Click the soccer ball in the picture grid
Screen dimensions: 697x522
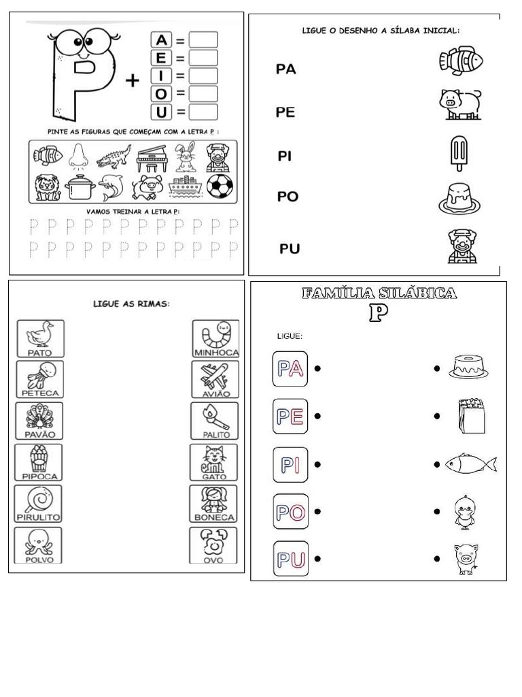pyautogui.click(x=219, y=186)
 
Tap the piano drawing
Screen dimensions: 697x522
pyautogui.click(x=150, y=158)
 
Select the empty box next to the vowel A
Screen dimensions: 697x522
pyautogui.click(x=203, y=40)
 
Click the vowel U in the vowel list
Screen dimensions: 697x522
pyautogui.click(x=161, y=111)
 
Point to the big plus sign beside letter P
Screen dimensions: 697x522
pyautogui.click(x=133, y=81)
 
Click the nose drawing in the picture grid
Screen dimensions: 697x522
pyautogui.click(x=76, y=157)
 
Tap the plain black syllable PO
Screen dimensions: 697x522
pyautogui.click(x=288, y=197)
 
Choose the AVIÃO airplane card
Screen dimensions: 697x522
pyautogui.click(x=215, y=380)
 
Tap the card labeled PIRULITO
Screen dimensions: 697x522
pyautogui.click(x=39, y=504)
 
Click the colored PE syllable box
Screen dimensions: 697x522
pyautogui.click(x=290, y=416)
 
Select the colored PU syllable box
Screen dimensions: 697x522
pyautogui.click(x=290, y=559)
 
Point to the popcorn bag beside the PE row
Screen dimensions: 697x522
pyautogui.click(x=472, y=416)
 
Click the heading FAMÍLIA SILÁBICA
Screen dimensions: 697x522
pyautogui.click(x=379, y=293)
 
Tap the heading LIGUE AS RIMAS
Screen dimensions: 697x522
pyautogui.click(x=131, y=304)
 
